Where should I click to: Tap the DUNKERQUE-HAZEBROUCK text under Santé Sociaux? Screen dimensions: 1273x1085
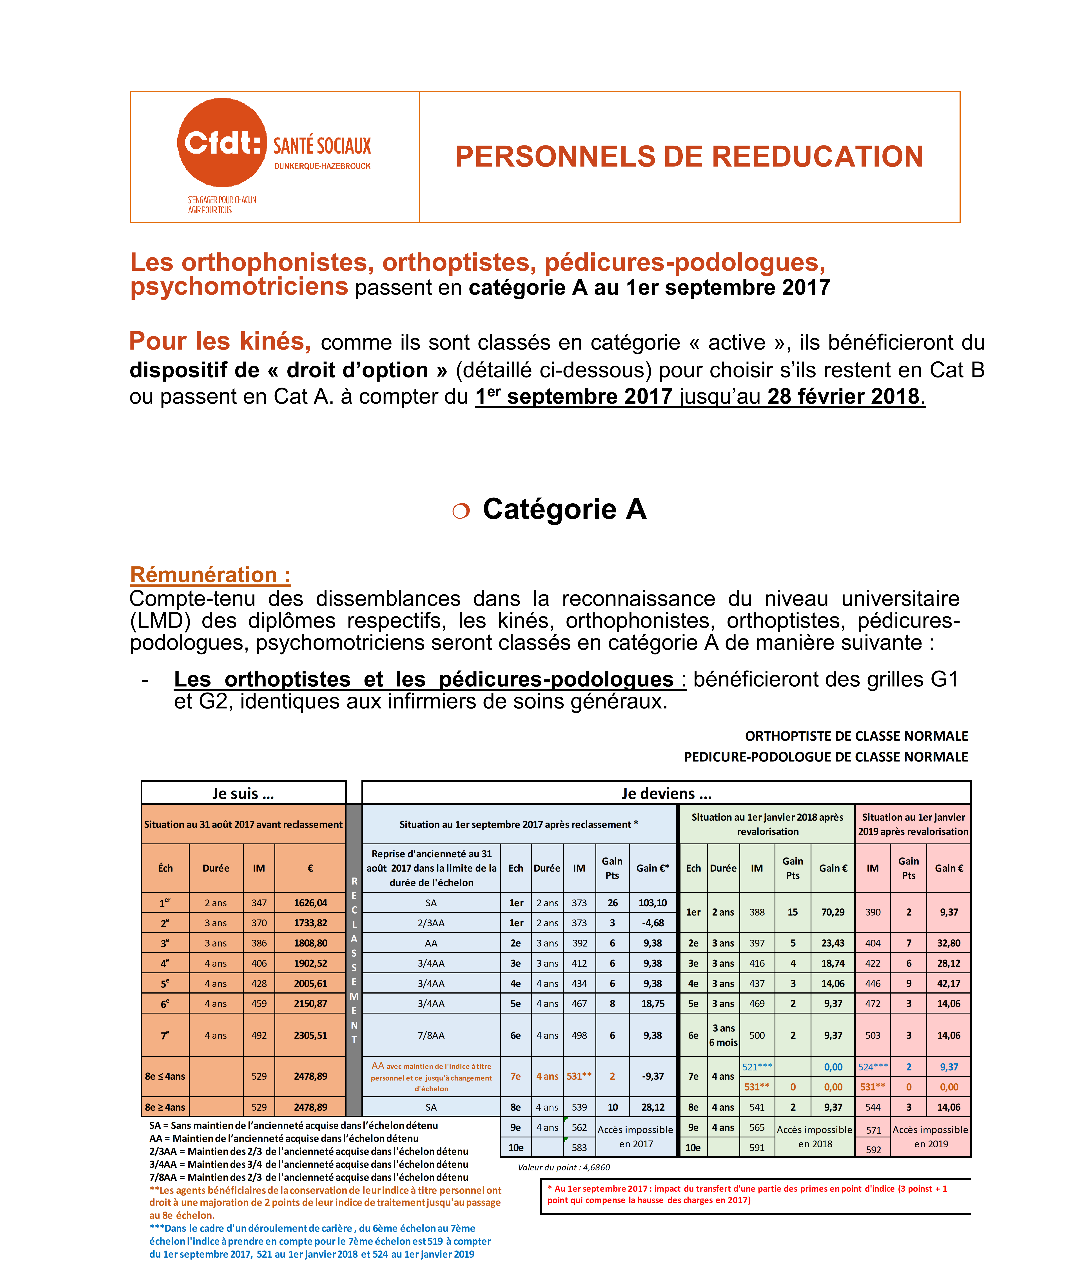coord(322,166)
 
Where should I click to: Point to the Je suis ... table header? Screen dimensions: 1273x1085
coord(243,793)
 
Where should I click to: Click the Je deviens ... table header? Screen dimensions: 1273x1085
coord(666,793)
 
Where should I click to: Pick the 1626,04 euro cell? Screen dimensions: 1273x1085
coord(310,903)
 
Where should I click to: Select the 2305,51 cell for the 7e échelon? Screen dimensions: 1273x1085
coord(310,1035)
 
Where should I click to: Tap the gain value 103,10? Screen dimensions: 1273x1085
coord(653,903)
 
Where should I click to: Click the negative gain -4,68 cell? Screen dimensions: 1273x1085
coord(653,923)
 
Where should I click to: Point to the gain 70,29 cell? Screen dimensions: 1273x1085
coord(833,912)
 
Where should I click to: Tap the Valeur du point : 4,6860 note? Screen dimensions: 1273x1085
coord(563,1167)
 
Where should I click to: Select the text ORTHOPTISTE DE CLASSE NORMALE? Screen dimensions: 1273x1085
coord(856,736)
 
